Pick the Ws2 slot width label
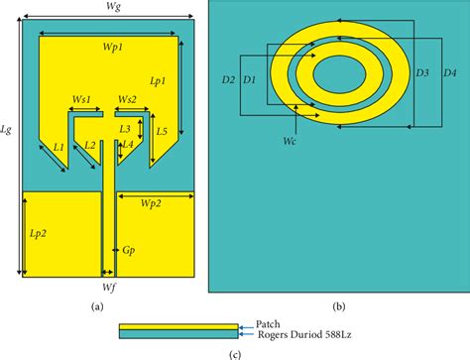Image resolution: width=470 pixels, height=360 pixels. coord(127,99)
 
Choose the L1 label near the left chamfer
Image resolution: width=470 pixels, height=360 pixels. coord(59,147)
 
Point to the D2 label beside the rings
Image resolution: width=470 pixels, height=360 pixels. coord(227,78)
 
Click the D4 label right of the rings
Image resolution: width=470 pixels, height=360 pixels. coord(449,73)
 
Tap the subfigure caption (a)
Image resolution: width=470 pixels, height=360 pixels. coord(97,307)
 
